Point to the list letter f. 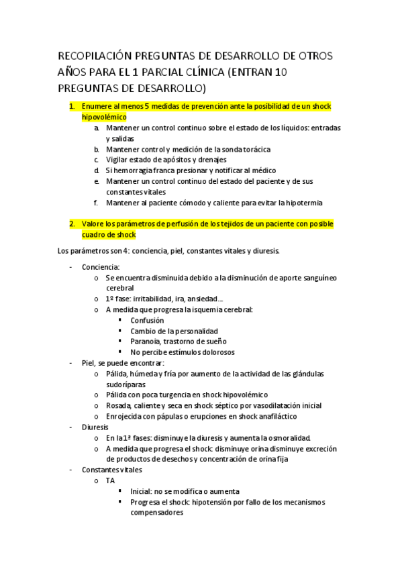pos(96,203)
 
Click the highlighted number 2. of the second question pos(72,224)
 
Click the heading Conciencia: pos(101,267)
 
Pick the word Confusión pos(147,321)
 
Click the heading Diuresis pos(97,427)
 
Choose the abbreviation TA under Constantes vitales pos(111,481)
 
